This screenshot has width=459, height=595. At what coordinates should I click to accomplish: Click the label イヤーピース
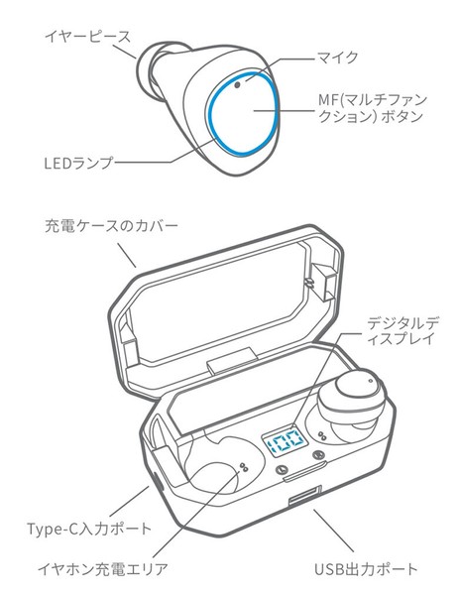pyautogui.click(x=87, y=37)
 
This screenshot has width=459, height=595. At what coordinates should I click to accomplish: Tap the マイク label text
pyautogui.click(x=338, y=58)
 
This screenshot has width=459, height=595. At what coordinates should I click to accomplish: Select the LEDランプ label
pyautogui.click(x=79, y=163)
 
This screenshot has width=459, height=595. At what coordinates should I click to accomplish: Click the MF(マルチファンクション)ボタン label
pyautogui.click(x=373, y=108)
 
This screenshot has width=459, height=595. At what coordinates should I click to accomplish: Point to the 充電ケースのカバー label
pyautogui.click(x=111, y=226)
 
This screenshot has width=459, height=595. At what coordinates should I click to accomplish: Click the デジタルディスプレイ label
pyautogui.click(x=402, y=330)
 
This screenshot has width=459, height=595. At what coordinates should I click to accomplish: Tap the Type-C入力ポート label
pyautogui.click(x=89, y=529)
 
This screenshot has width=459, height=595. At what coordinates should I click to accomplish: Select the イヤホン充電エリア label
pyautogui.click(x=103, y=569)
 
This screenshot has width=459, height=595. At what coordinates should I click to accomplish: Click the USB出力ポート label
pyautogui.click(x=366, y=569)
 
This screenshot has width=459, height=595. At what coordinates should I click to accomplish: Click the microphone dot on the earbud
pyautogui.click(x=238, y=84)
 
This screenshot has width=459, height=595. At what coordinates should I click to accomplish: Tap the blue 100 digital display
pyautogui.click(x=284, y=442)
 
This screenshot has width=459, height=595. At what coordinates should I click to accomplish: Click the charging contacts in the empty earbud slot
pyautogui.click(x=244, y=467)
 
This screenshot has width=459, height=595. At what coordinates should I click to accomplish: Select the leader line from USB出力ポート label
pyautogui.click(x=334, y=531)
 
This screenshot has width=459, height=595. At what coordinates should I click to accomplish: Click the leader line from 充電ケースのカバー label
pyautogui.click(x=126, y=255)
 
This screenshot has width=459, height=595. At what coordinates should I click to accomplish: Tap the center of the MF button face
pyautogui.click(x=242, y=114)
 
